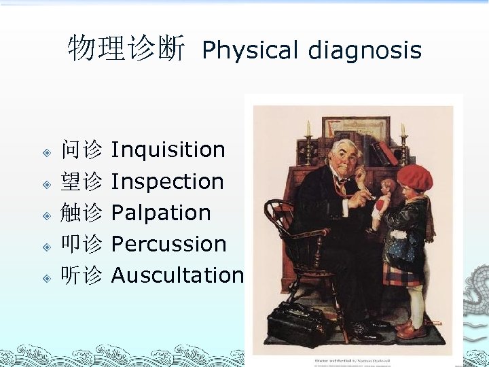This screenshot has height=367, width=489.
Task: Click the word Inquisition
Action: coord(168,150)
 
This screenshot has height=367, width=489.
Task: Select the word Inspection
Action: coord(167,181)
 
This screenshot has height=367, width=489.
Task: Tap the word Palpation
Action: coord(161,213)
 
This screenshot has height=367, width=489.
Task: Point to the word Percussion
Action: coord(168,244)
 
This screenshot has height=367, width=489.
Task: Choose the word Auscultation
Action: coord(177,275)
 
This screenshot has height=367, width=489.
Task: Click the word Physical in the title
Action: coord(251,50)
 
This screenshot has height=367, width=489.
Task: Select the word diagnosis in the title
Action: coord(365,50)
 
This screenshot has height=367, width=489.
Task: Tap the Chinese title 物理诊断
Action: coord(126,49)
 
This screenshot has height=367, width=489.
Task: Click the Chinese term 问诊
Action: coord(81,150)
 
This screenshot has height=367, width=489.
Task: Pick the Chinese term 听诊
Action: coord(81,275)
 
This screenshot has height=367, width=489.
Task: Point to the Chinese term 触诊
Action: coord(81,213)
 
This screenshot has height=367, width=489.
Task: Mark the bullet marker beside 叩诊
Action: coord(47,245)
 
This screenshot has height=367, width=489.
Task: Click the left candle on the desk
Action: coord(308,129)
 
